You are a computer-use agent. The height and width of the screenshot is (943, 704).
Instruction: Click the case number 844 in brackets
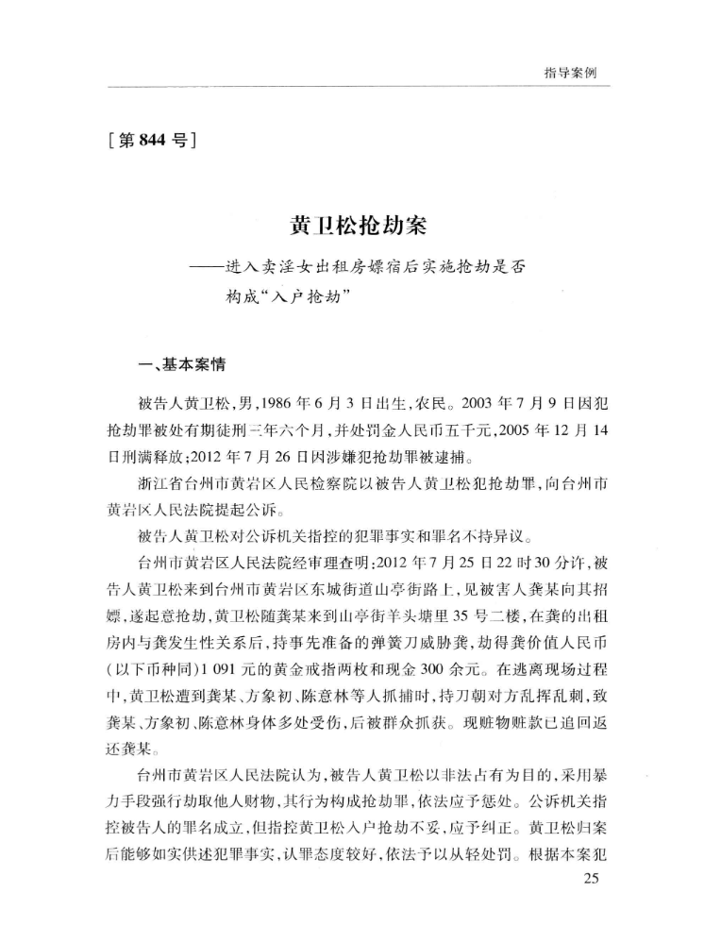point(152,142)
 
